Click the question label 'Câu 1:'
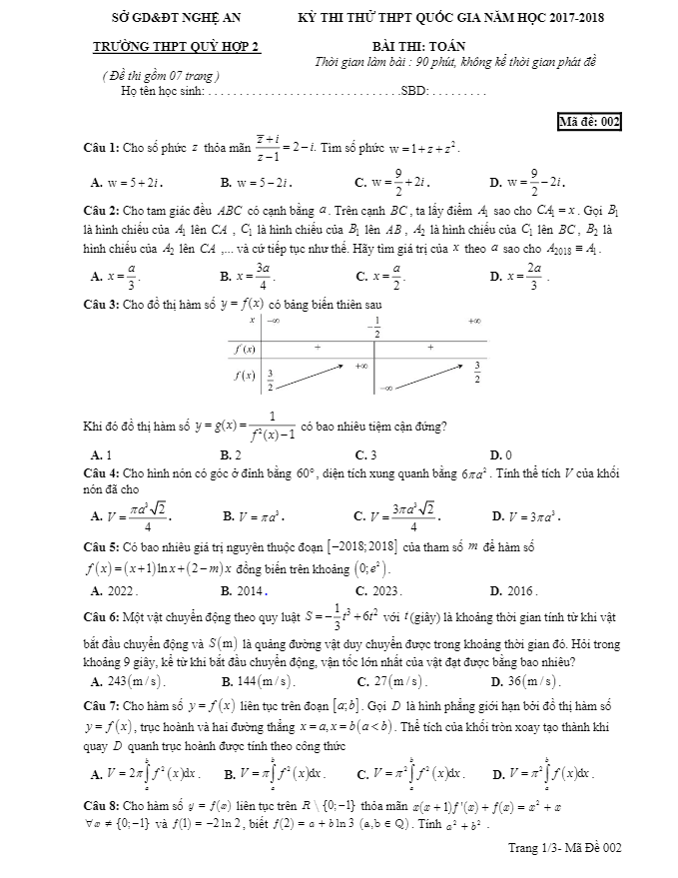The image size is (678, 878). (x=101, y=148)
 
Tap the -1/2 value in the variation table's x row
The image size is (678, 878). (x=373, y=328)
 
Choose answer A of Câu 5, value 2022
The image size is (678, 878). (x=113, y=591)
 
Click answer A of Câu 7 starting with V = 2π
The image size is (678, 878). (x=147, y=773)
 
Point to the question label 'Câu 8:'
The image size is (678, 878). (x=101, y=804)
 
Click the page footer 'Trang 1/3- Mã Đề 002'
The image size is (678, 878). (x=564, y=847)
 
